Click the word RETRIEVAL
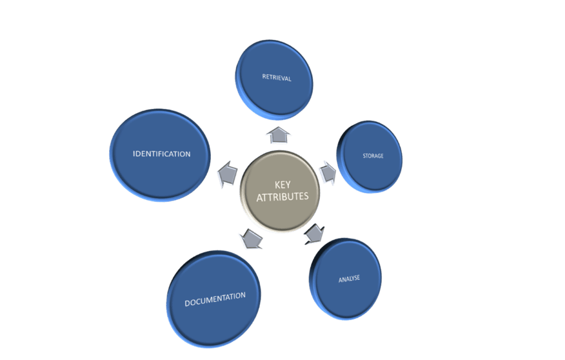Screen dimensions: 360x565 [276, 78]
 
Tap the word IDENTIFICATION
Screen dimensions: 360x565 [162, 154]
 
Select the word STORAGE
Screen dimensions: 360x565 [372, 156]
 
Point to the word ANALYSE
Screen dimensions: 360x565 [349, 279]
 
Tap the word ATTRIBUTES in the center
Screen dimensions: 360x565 [282, 197]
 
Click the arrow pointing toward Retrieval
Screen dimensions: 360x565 [279, 135]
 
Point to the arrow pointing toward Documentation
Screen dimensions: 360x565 [250, 239]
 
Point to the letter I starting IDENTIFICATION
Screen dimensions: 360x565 [135, 154]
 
